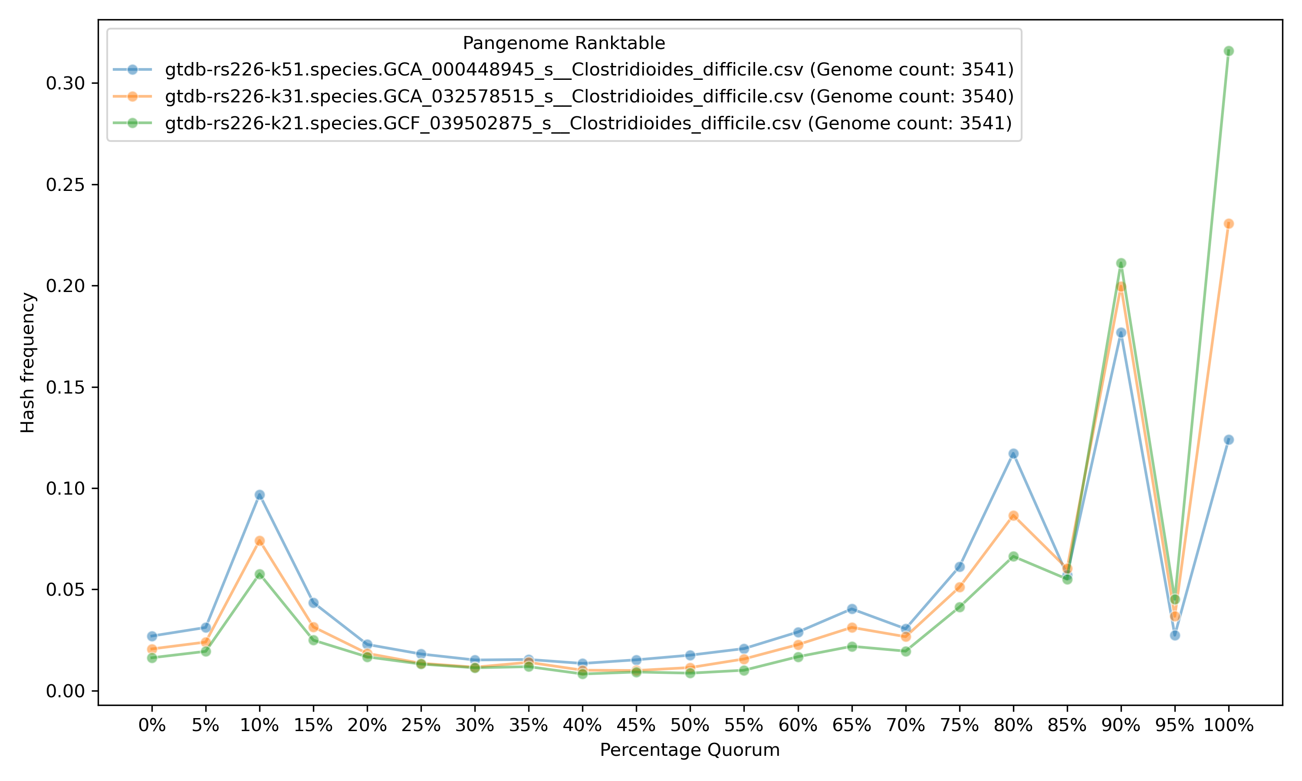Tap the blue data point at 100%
1228,440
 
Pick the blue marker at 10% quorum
260,495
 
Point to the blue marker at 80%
1013,454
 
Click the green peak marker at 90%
1121,263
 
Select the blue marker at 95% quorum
1175,635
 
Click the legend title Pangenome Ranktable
564,43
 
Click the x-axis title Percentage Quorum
690,750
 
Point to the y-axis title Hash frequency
28,363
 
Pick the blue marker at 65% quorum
852,609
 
